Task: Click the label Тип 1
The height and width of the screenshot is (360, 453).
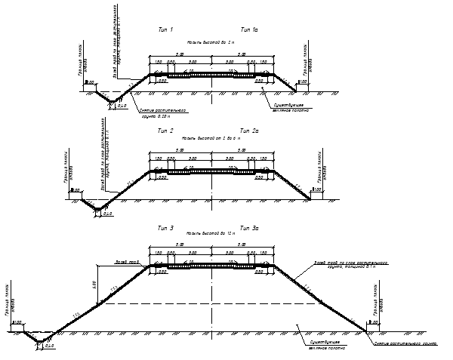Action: coord(165,29)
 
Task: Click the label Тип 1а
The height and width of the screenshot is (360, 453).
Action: coord(250,29)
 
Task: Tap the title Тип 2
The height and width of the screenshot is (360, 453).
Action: coord(165,131)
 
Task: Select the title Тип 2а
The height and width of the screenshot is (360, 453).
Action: coord(250,131)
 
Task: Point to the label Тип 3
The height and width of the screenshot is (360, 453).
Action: coord(165,227)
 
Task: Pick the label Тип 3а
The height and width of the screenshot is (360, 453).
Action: coord(250,227)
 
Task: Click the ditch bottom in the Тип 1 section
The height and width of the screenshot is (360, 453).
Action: coord(109,101)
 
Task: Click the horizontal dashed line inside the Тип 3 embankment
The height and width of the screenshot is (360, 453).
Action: coord(226,303)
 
